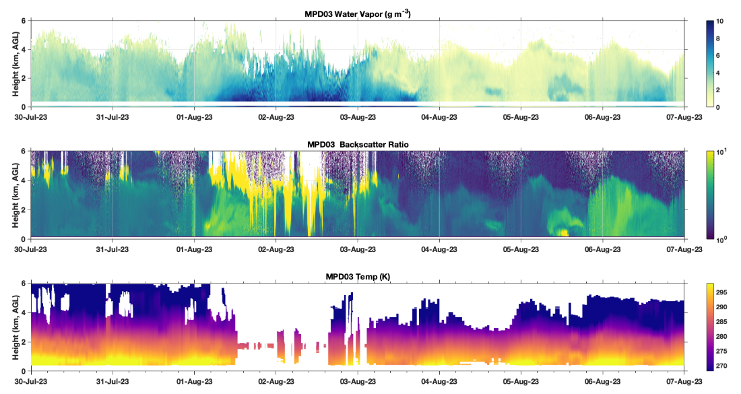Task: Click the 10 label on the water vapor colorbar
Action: coord(719,22)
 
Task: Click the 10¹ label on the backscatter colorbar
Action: coord(721,152)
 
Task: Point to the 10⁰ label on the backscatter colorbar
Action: coord(721,238)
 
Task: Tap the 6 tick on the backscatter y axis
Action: coord(24,152)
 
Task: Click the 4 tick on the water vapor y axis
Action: coord(24,49)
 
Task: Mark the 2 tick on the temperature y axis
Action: coord(24,341)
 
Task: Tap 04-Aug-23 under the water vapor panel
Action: coord(439,117)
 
